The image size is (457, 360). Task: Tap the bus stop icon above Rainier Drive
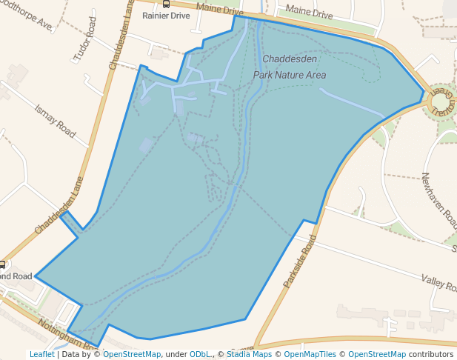point(166,4)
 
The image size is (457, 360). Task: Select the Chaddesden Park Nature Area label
point(290,66)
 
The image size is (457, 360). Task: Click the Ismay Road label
point(56,121)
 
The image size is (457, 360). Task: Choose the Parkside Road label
point(300,261)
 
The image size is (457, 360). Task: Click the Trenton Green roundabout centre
point(439,101)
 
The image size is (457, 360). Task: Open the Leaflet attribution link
point(41,354)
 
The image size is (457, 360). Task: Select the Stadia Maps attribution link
point(248,354)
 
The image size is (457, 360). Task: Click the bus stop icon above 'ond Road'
point(3,264)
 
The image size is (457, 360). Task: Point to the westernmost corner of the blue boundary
point(35,277)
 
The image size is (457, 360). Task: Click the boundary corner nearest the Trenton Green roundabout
point(424,93)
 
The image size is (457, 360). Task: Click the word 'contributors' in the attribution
point(431,354)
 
